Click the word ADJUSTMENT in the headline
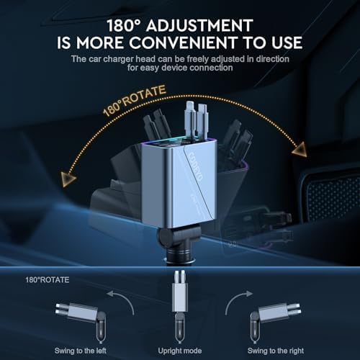tap(199, 26)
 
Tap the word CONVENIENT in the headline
tap(182, 42)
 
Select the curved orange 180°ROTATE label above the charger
tap(134, 101)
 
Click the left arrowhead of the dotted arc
tap(68, 179)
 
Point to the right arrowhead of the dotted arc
tap(300, 150)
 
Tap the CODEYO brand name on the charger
tap(196, 166)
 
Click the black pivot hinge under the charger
tap(176, 238)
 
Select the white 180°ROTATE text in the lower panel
tap(48, 280)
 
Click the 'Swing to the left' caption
tap(81, 351)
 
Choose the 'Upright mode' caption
tap(180, 351)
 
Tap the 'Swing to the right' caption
tap(276, 351)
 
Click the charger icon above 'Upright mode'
tap(180, 307)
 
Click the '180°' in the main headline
tap(125, 26)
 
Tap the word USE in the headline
tap(287, 42)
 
